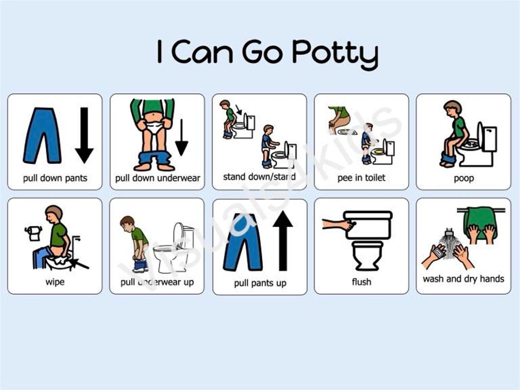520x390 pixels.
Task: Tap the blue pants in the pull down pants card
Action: coord(42,135)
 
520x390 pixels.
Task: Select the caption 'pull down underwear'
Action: coord(157,178)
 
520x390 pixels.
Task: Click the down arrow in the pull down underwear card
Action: coord(181,137)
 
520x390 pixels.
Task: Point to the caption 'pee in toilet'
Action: coord(361,178)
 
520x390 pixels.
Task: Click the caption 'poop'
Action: coord(463,178)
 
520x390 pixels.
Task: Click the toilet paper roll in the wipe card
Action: coord(34,233)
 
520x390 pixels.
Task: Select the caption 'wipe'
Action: coord(55,282)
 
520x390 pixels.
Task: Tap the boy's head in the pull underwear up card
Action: coord(128,223)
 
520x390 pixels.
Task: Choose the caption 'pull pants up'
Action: coord(260,283)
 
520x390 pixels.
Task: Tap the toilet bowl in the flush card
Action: coord(367,255)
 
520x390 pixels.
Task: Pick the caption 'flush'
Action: coord(362,282)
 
